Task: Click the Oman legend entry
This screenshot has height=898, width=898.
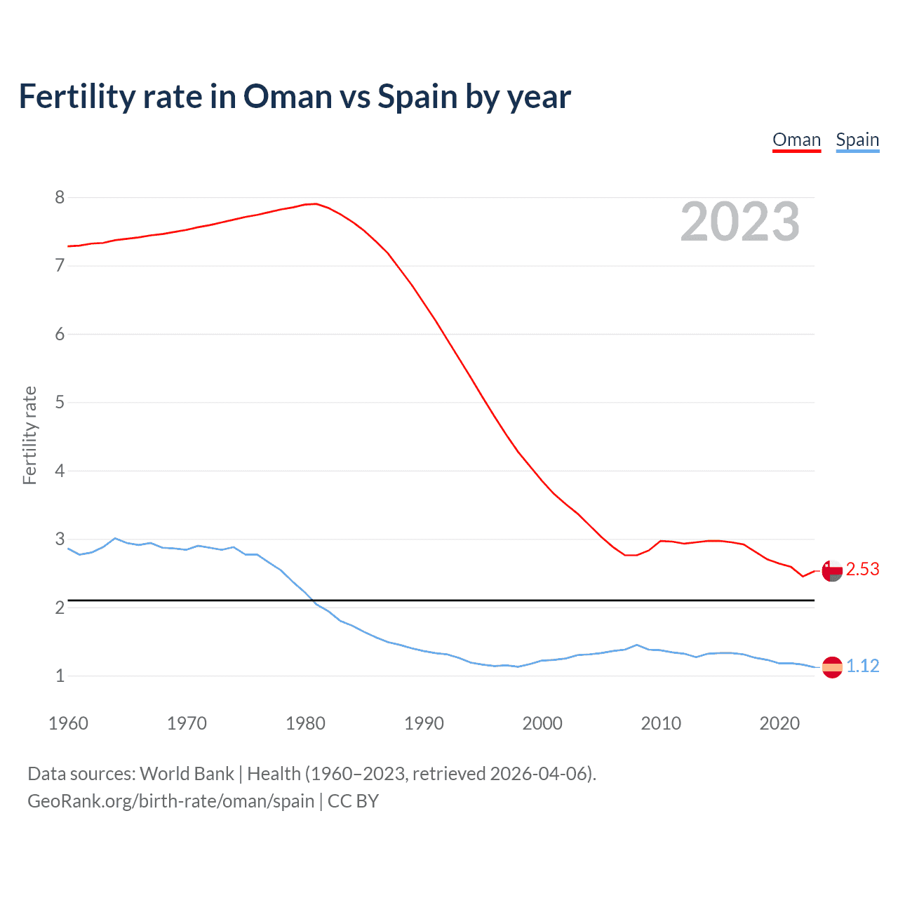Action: (x=796, y=140)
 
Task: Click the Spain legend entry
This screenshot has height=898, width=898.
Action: (x=857, y=140)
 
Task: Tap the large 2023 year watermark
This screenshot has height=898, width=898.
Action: (x=740, y=222)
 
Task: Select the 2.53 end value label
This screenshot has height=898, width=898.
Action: (x=862, y=569)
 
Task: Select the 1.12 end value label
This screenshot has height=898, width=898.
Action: (x=862, y=666)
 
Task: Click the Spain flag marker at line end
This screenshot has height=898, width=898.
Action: (x=832, y=667)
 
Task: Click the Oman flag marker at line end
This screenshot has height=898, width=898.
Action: (x=832, y=571)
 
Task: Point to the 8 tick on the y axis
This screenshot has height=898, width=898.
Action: (x=60, y=197)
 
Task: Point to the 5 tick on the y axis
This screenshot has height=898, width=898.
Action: (x=60, y=402)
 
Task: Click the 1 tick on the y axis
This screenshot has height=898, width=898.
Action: (x=60, y=676)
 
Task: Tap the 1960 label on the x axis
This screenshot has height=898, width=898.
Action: (x=68, y=723)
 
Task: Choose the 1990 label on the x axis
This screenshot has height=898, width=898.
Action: (x=424, y=723)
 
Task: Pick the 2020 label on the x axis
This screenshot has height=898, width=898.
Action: (x=779, y=723)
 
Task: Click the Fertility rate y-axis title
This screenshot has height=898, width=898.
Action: (x=29, y=435)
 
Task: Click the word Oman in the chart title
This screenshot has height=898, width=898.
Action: (x=288, y=96)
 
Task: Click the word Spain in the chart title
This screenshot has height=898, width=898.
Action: (x=417, y=96)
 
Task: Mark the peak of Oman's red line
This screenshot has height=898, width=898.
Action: (x=316, y=203)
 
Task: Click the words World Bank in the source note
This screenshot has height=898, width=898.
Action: (x=187, y=774)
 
